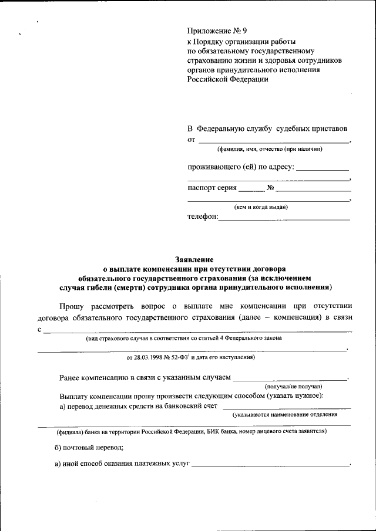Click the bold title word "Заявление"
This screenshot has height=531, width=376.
194,259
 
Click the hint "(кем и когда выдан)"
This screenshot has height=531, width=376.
261,207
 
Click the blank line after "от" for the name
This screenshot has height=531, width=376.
273,141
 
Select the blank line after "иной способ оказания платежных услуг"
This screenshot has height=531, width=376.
270,465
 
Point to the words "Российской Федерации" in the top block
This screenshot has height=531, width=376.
227,79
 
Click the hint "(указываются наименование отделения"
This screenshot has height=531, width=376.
284,415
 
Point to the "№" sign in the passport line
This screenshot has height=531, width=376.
271,188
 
